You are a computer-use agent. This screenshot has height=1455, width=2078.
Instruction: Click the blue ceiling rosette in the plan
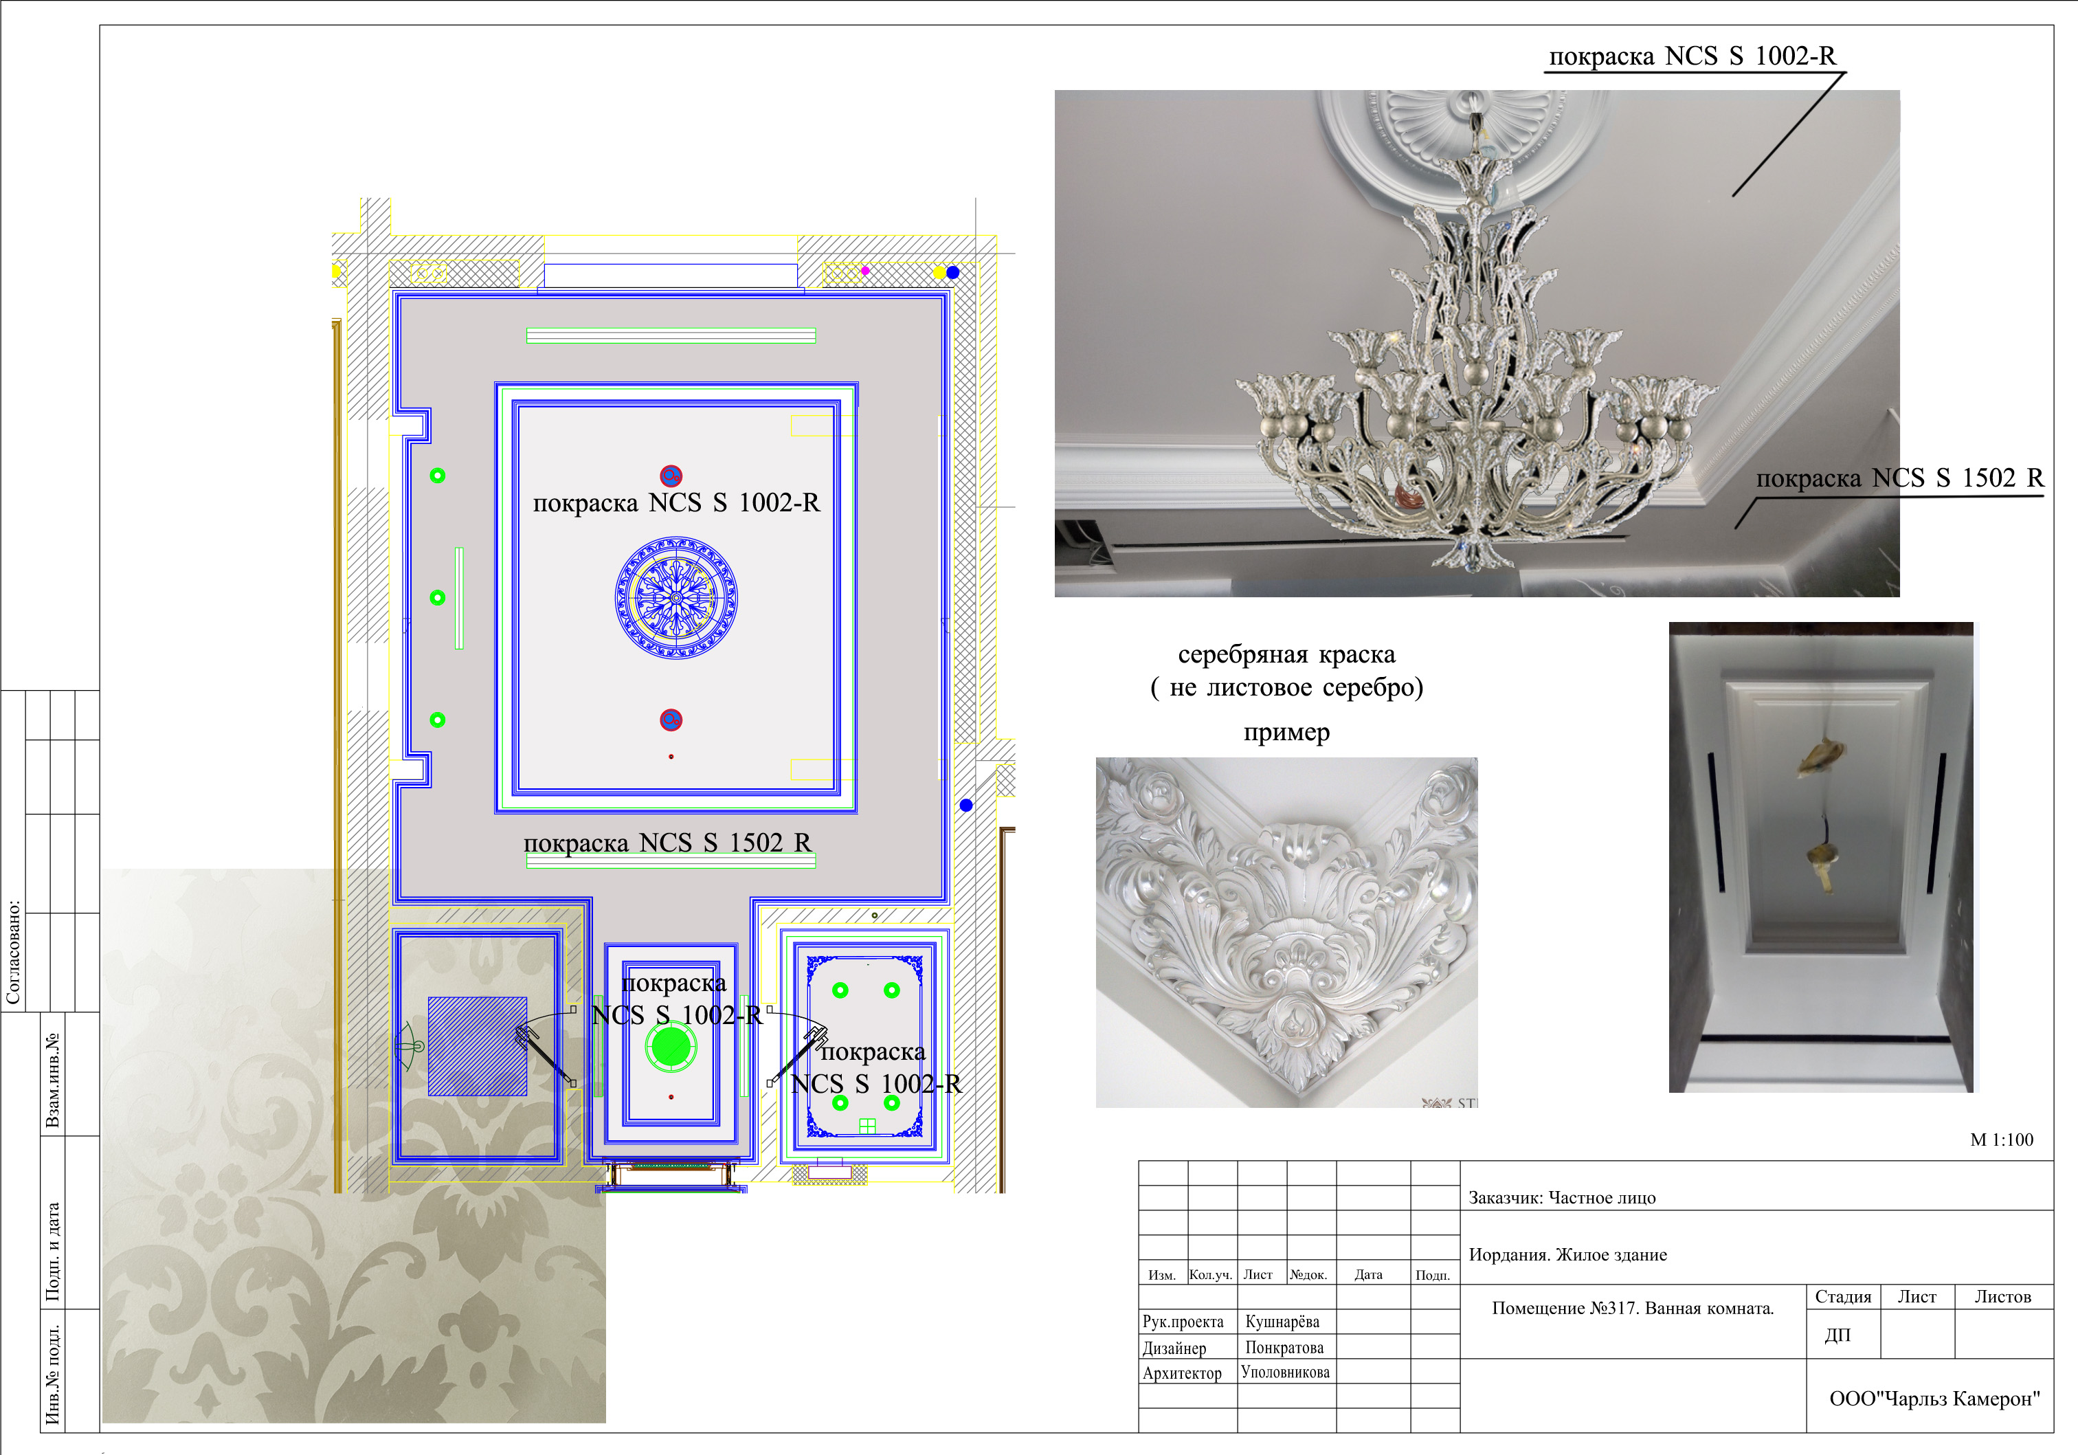pos(676,597)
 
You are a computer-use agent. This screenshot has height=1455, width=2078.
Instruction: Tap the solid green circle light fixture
pos(671,1047)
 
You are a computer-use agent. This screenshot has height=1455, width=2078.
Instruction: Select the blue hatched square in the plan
pos(477,1047)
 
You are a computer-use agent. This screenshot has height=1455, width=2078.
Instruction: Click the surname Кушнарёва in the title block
pos(1282,1322)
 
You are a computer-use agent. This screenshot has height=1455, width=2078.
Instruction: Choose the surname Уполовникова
pos(1285,1373)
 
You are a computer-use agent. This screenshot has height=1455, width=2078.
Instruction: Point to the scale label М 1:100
pos(2001,1140)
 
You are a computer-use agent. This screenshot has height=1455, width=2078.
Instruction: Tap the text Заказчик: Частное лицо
pos(1562,1198)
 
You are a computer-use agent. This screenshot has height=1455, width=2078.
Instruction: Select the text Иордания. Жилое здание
pos(1567,1255)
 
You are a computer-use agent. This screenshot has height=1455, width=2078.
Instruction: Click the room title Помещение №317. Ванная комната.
pos(1633,1309)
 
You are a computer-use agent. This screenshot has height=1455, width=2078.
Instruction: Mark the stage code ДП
pos(1837,1335)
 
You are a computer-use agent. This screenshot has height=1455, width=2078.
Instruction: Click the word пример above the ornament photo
pos(1286,733)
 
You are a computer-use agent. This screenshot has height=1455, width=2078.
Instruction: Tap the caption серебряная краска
pos(1286,654)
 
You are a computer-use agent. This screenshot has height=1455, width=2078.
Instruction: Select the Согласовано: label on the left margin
pos(14,952)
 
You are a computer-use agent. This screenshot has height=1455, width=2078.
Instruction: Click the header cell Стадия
pos(1843,1296)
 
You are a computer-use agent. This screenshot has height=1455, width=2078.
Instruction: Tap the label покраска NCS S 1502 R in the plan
pos(668,843)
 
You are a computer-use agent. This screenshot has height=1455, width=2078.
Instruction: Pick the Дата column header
pos(1368,1275)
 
